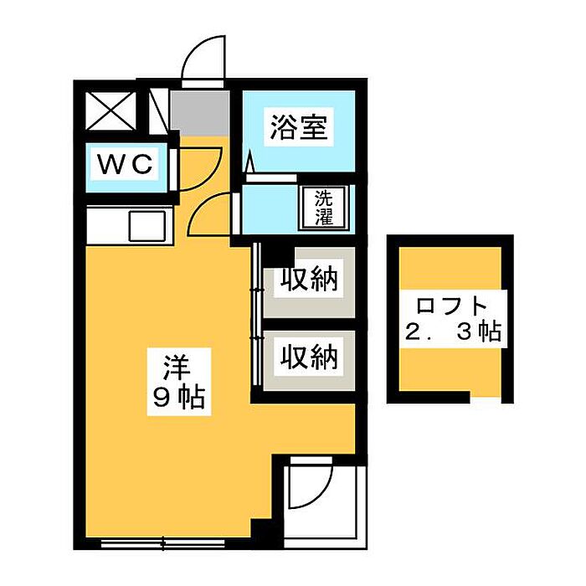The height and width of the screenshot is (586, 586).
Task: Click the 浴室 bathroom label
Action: (x=298, y=128)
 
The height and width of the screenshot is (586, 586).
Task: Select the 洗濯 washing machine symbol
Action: (x=323, y=208)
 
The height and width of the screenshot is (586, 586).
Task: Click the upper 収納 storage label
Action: (x=308, y=280)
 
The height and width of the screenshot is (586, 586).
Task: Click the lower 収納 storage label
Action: (x=308, y=358)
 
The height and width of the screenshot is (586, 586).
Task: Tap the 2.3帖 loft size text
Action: (x=452, y=332)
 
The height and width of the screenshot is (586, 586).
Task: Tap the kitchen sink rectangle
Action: (x=147, y=226)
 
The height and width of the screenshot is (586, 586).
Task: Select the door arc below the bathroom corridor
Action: (x=209, y=214)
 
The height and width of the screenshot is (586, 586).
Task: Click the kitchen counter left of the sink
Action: (x=107, y=226)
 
